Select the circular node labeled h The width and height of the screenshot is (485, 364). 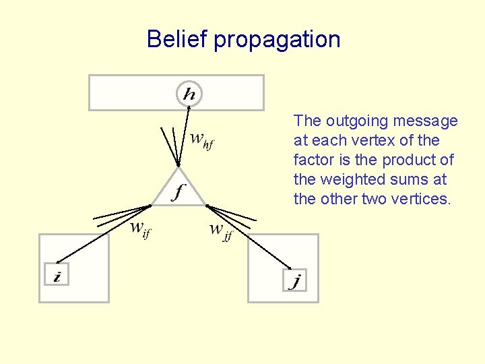(189, 93)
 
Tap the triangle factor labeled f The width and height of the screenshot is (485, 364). (179, 190)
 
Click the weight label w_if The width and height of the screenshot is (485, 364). (139, 230)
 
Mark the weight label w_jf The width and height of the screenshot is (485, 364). (220, 231)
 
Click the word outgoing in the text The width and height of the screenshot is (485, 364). (353, 121)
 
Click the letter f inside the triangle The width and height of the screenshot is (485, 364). (178, 193)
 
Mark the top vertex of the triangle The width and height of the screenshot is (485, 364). (178, 167)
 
